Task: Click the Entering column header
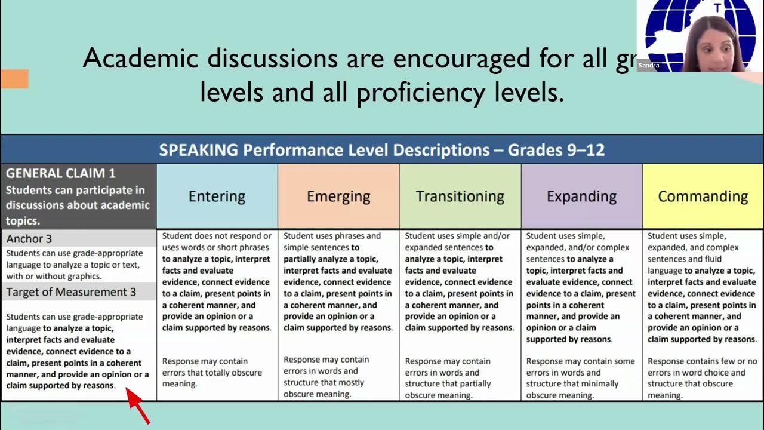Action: tap(217, 196)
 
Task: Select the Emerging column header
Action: tap(338, 196)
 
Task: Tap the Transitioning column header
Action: tap(460, 196)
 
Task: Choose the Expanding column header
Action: tap(581, 196)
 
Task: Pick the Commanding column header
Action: tap(703, 196)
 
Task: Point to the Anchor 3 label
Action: tap(29, 239)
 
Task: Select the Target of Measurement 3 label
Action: tap(71, 292)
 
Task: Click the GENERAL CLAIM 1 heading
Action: tap(61, 174)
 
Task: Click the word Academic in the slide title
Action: tap(140, 58)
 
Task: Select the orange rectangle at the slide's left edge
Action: tap(14, 78)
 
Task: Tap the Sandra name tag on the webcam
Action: tap(648, 66)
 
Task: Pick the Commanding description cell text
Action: tap(703, 287)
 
